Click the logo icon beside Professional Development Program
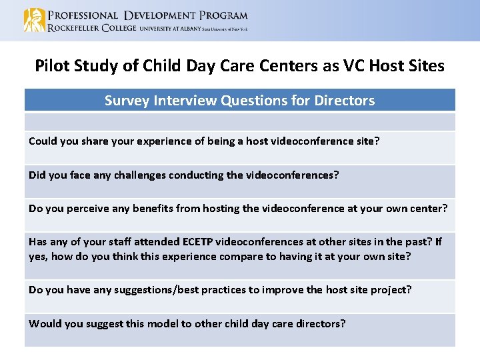click(x=34, y=20)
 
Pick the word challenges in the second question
click(x=144, y=175)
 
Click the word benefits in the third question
click(x=159, y=208)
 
